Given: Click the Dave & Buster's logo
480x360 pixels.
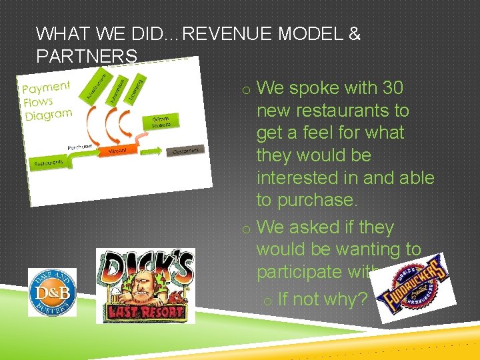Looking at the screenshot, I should pos(52,292).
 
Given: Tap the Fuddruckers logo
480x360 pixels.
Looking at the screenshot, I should pos(415,291).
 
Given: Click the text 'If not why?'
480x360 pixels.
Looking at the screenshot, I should pos(322,299).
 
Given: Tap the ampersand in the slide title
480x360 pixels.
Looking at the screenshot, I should pos(354,34).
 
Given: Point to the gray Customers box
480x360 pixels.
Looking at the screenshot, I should pos(185,151).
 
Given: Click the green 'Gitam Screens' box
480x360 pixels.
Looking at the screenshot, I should pos(161,122).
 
